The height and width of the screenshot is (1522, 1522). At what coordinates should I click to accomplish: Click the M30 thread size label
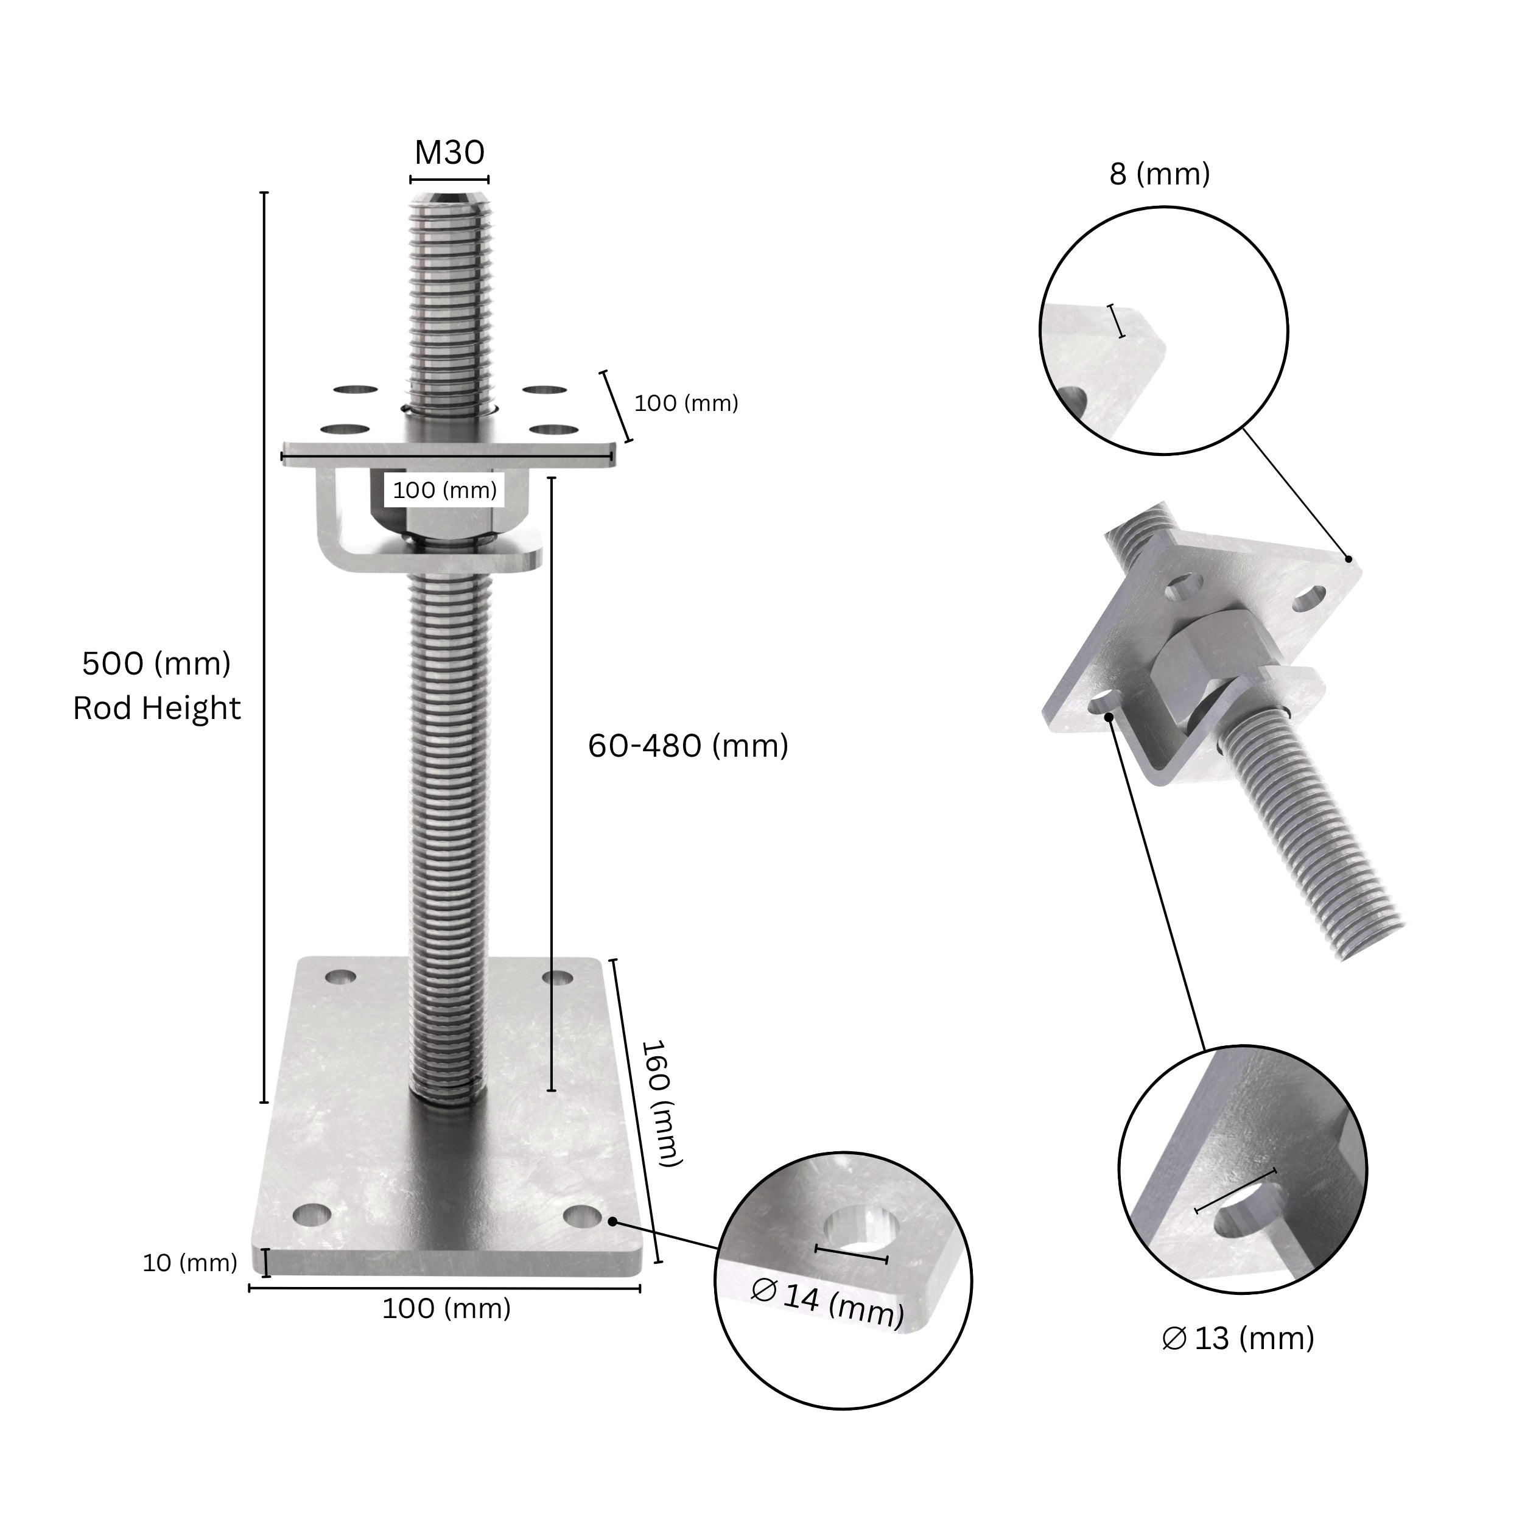(449, 153)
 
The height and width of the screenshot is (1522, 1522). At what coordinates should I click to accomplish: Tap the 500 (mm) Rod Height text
(157, 686)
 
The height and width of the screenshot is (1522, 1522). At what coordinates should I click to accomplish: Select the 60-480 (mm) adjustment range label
(688, 745)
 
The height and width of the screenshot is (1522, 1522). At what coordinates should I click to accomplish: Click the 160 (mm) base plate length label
(659, 1103)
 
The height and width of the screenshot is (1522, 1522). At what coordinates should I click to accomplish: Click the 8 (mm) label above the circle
(1159, 174)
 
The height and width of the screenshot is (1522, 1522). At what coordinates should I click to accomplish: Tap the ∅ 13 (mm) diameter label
(1238, 1338)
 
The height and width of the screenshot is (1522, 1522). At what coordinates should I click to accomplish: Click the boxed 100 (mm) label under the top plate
(445, 491)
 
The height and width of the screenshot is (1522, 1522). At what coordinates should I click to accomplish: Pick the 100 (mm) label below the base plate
(447, 1308)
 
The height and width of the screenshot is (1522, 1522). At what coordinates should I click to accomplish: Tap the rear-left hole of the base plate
(340, 978)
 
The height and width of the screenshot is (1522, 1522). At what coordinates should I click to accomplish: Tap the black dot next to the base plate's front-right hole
(611, 1221)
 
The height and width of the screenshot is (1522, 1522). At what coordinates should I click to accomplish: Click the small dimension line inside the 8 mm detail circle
(1117, 321)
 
